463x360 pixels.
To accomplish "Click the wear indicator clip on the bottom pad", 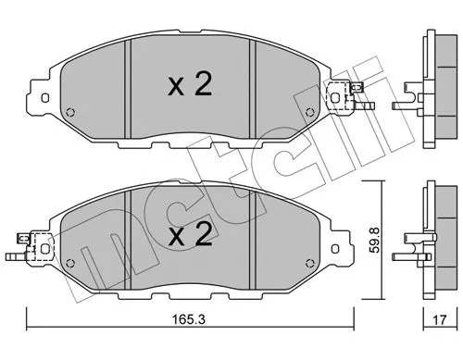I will tap(40, 247).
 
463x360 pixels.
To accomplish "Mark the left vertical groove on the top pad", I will tap(131, 88).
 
